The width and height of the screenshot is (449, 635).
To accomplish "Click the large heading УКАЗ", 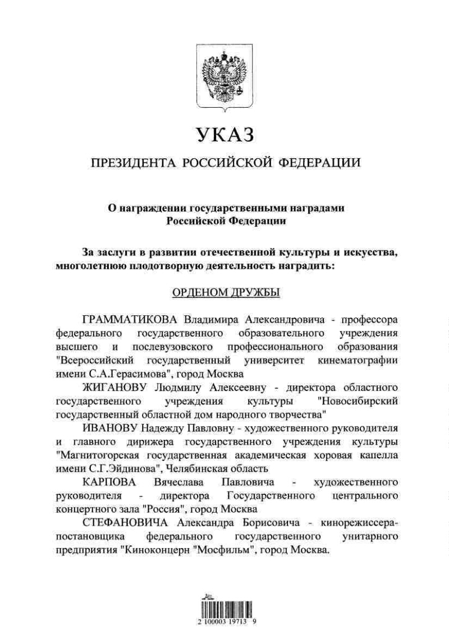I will coord(224,135).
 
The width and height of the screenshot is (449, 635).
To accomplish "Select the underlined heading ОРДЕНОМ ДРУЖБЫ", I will coord(224,293).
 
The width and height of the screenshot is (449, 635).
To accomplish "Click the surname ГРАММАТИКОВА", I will coord(130,320).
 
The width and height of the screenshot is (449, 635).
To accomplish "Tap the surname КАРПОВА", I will coord(106,482).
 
